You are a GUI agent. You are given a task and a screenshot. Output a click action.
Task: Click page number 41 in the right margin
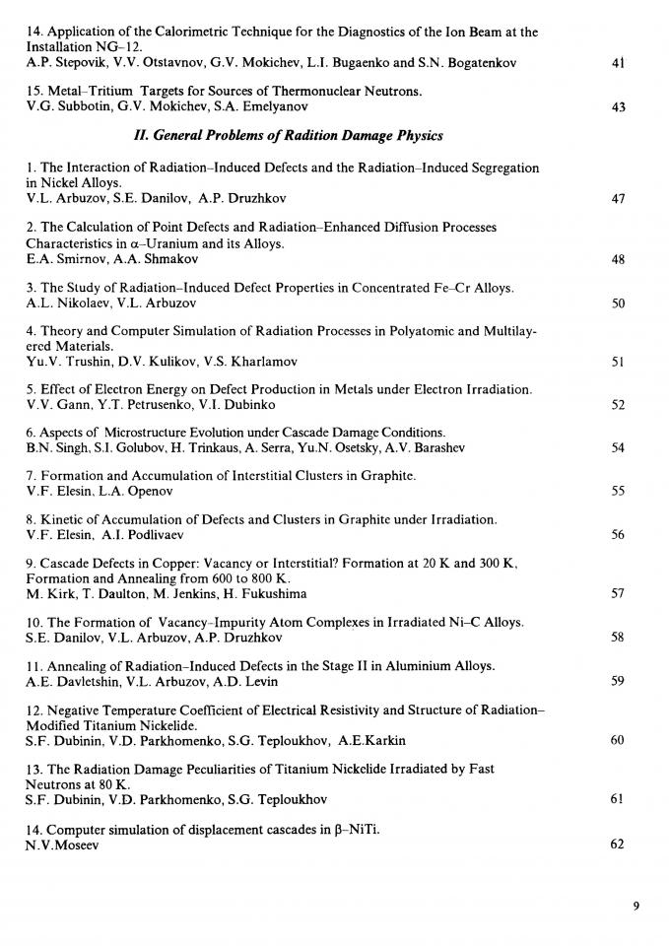(618, 63)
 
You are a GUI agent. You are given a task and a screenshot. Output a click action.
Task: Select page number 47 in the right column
(618, 198)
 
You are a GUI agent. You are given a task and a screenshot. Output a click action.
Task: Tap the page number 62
(618, 844)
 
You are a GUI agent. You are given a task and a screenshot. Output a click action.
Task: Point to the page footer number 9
(636, 908)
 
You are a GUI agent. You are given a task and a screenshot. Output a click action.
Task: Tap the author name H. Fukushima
(263, 593)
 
